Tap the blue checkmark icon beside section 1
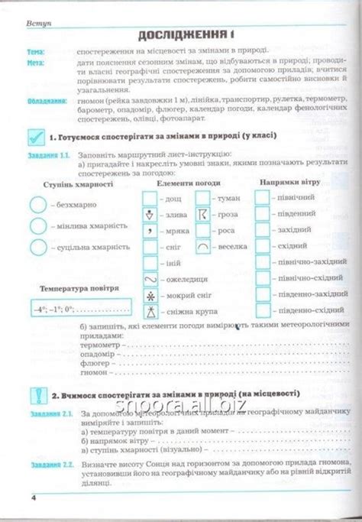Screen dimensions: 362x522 click(x=34, y=138)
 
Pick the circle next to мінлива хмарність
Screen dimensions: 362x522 click(x=37, y=226)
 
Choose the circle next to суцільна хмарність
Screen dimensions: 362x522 click(x=37, y=247)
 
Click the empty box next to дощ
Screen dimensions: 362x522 click(x=150, y=198)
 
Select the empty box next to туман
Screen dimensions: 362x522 click(x=203, y=198)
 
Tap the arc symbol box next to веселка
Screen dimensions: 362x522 click(x=203, y=247)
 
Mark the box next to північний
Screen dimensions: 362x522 click(x=262, y=197)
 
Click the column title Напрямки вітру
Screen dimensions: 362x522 click(x=289, y=183)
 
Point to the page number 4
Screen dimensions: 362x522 click(x=34, y=498)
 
